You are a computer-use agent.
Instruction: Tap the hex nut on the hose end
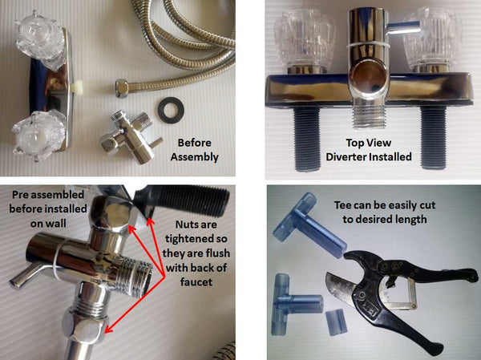[x=122, y=88]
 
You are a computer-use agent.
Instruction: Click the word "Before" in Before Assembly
[x=195, y=143]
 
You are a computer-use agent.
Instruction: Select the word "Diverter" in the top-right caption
[x=346, y=157]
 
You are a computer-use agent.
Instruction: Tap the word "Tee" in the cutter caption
[x=343, y=205]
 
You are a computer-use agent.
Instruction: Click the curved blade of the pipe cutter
[x=342, y=287]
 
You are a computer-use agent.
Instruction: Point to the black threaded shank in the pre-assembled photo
[x=187, y=199]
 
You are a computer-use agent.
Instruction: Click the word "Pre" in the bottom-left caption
[x=19, y=195]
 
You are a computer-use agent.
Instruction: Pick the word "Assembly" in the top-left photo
[x=195, y=157]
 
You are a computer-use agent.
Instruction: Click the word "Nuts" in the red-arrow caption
[x=187, y=224]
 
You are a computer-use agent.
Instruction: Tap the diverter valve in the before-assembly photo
[x=131, y=137]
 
